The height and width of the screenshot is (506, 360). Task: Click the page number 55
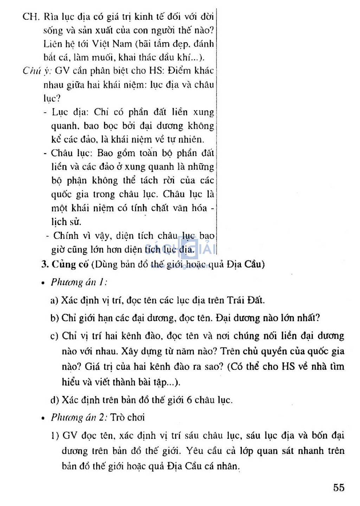coord(339,487)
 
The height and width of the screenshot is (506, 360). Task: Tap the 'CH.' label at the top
coord(31,17)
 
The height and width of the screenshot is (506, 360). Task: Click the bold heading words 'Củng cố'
coord(70,264)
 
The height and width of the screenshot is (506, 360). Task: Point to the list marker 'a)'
coord(54,300)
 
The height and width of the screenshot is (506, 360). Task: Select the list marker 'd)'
coord(54,400)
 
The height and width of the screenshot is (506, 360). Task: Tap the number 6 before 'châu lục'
coord(189,400)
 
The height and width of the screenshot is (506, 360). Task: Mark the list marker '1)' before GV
coord(55,436)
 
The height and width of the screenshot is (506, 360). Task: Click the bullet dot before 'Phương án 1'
coord(43,283)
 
